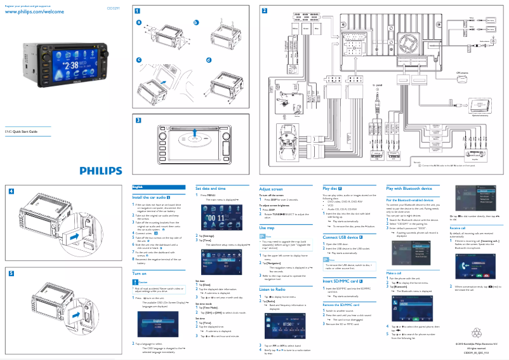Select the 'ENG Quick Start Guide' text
coord(22,131)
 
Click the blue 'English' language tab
coord(138,187)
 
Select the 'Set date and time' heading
coord(210,189)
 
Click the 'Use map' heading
coord(267,227)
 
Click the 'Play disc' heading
coord(333,189)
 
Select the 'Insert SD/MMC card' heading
coord(343,280)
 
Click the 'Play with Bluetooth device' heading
coord(409,189)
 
